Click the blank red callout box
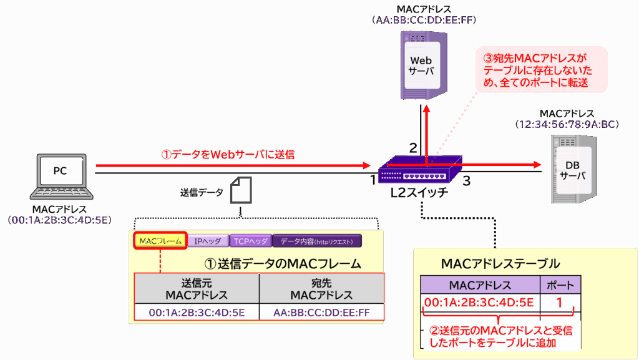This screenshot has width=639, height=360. pyautogui.click(x=541, y=70)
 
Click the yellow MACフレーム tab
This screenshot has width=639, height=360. pyautogui.click(x=160, y=241)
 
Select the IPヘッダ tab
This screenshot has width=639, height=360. pyautogui.click(x=208, y=241)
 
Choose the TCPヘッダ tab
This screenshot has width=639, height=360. pyautogui.click(x=250, y=241)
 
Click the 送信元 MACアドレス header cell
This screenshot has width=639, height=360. pyautogui.click(x=197, y=288)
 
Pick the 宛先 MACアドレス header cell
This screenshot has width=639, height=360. pyautogui.click(x=321, y=288)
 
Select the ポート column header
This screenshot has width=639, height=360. pyautogui.click(x=560, y=285)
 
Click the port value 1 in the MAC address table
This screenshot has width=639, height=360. pyautogui.click(x=560, y=303)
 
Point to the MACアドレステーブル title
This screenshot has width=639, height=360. pyautogui.click(x=500, y=263)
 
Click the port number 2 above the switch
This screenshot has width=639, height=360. pyautogui.click(x=412, y=148)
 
